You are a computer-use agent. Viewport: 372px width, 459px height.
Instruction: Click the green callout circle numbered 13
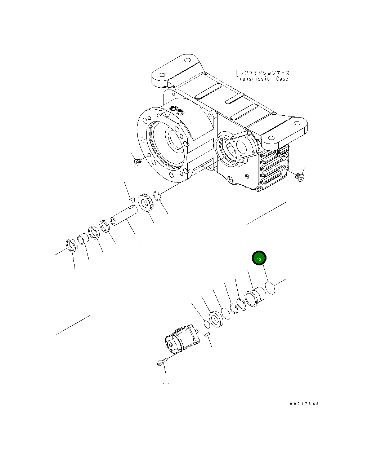tap(259, 258)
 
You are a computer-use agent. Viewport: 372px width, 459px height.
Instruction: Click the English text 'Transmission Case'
tap(262, 79)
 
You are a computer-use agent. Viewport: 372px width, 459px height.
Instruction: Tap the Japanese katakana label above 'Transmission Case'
tap(262, 72)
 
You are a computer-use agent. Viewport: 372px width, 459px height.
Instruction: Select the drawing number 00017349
tap(304, 404)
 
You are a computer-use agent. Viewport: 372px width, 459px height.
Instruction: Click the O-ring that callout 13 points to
tap(270, 288)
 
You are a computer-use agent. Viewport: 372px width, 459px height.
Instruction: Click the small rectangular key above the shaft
tap(131, 198)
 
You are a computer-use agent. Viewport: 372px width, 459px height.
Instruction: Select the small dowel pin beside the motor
tap(207, 335)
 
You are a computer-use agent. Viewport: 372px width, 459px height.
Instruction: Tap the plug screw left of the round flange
tap(137, 162)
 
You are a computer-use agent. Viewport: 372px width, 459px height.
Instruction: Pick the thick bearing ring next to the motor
tap(217, 319)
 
